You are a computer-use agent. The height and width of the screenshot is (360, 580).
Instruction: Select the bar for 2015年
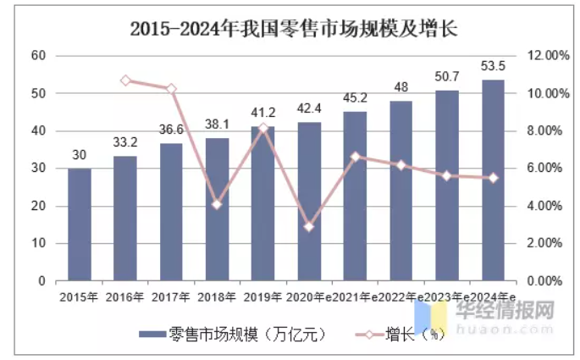[x=80, y=224]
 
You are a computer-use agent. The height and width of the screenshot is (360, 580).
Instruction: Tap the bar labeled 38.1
[x=217, y=209]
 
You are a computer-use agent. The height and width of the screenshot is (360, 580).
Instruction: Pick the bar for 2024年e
[x=493, y=180]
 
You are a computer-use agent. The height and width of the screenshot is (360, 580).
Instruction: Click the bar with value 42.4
[x=309, y=202]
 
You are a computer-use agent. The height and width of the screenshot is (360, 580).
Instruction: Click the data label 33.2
[x=125, y=141]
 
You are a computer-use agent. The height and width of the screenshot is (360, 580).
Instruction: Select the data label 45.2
[x=355, y=97]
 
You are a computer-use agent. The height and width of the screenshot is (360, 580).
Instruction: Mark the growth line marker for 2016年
[x=125, y=80]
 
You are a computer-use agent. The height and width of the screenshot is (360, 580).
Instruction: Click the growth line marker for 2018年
[x=217, y=204]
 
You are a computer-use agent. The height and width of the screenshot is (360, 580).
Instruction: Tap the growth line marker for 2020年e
[x=309, y=226]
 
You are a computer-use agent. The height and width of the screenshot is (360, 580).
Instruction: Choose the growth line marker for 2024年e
[x=493, y=178]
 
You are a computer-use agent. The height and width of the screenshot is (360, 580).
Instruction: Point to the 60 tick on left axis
[x=37, y=55]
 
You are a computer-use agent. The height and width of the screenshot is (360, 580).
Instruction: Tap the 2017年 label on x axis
[x=171, y=297]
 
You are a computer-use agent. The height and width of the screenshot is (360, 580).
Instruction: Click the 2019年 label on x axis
[x=262, y=297]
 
